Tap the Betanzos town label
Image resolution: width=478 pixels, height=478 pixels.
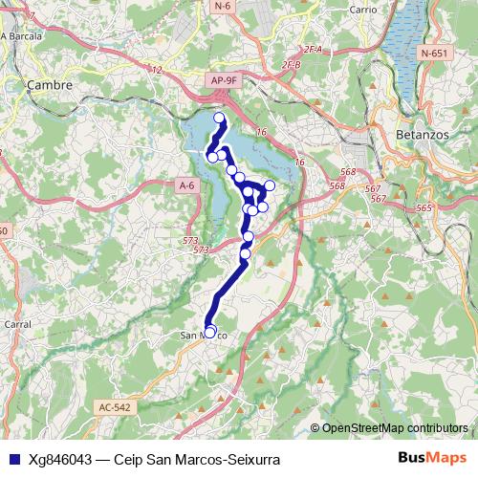422,135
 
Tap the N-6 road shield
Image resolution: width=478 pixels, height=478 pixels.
223,6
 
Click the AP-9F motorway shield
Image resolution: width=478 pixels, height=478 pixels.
222,82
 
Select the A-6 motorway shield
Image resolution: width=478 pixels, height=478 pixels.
186,185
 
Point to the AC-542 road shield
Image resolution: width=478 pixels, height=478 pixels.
114,407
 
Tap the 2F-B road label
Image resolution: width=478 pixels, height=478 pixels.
292,64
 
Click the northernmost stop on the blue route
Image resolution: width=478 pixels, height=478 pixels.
219,119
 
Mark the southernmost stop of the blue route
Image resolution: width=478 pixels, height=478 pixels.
210,331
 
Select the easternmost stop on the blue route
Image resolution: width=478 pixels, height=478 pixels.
270,185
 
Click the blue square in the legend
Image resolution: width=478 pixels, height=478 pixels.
11,459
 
